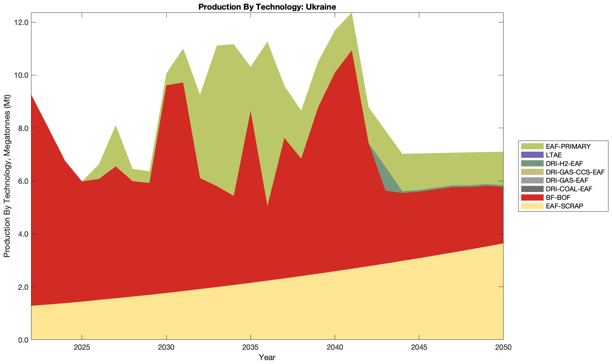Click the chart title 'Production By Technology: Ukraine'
point(267,6)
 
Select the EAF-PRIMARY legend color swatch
point(532,146)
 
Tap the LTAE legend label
point(554,155)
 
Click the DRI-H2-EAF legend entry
point(564,163)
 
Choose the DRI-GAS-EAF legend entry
point(567,181)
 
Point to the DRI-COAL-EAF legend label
point(569,189)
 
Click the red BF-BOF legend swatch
point(532,197)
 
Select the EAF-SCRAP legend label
point(565,206)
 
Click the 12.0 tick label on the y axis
point(21,22)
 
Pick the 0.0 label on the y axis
point(22,340)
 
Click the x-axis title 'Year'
point(267,357)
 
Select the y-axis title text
point(7,176)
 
